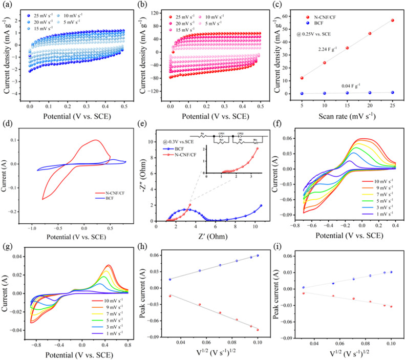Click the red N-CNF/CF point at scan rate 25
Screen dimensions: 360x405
pyautogui.click(x=392, y=20)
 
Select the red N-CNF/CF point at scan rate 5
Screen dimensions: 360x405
pyautogui.click(x=302, y=78)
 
